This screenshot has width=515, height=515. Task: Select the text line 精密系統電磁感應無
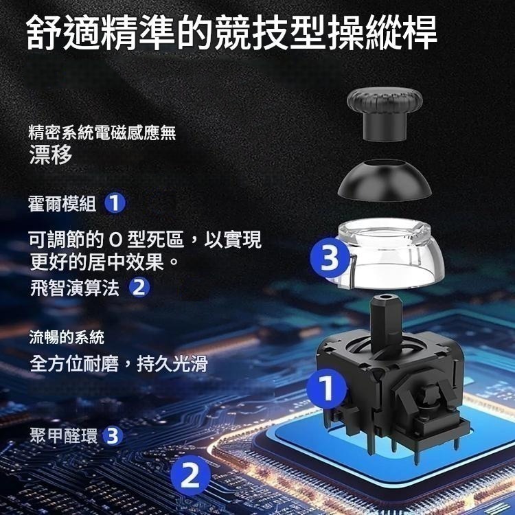click(x=102, y=133)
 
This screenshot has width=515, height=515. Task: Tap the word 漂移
click(x=50, y=155)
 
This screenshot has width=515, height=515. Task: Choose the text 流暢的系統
click(x=66, y=337)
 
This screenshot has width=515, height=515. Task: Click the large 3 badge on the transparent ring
click(x=329, y=258)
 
